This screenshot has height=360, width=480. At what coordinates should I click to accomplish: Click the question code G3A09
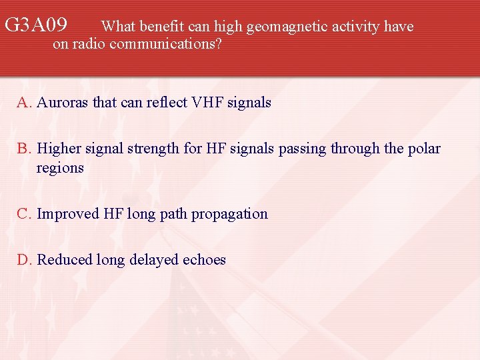tap(36, 26)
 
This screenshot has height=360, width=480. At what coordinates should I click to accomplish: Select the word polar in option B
tap(424, 149)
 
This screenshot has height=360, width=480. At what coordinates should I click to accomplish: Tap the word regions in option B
tap(60, 168)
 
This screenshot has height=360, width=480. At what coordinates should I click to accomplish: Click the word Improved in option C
tap(68, 214)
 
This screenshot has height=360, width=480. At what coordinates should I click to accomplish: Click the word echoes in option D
tap(204, 260)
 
